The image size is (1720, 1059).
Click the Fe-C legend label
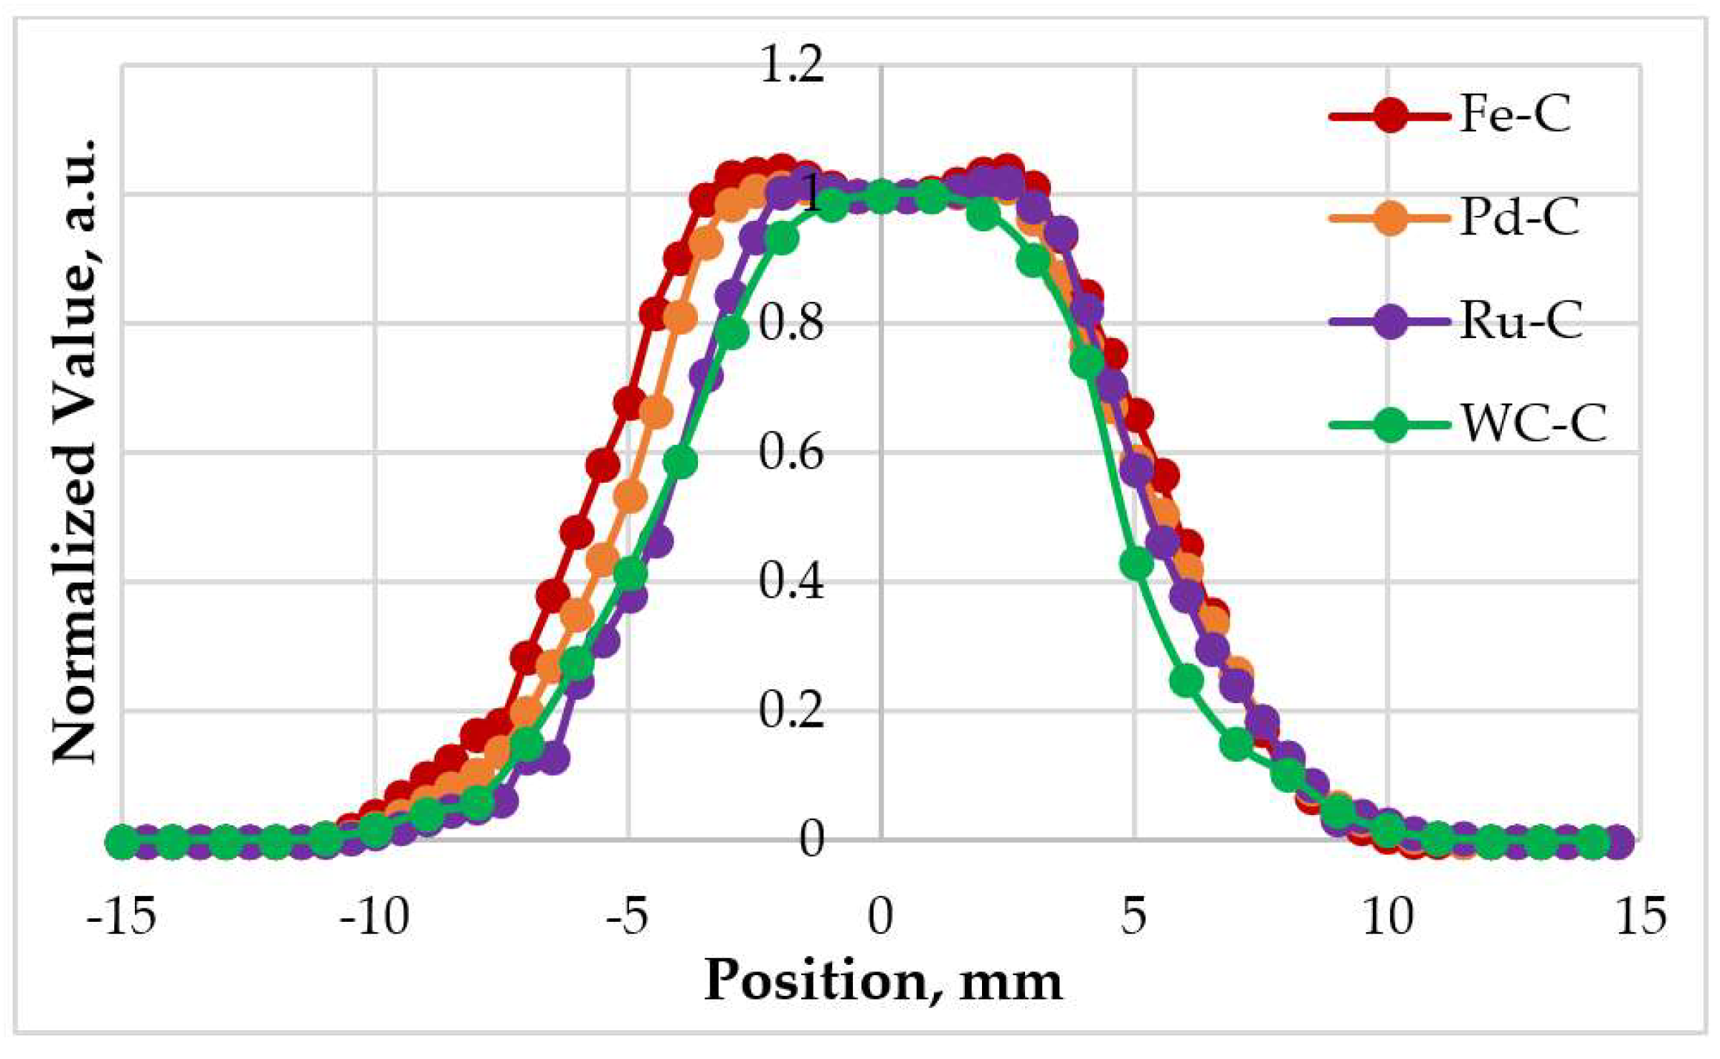coord(1515,116)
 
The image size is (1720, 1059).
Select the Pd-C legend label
coord(1519,219)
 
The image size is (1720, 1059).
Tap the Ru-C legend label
coord(1520,322)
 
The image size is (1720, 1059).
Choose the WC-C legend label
coord(1533,425)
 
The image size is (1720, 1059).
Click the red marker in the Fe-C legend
coord(1389,116)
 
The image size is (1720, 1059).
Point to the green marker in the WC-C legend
coord(1389,425)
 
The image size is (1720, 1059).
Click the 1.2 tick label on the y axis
coord(791,65)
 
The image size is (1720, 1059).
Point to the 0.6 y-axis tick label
coord(791,452)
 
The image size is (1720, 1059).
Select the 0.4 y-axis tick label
coord(791,581)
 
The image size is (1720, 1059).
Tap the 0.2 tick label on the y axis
coord(791,710)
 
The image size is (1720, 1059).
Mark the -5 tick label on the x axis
coord(627,917)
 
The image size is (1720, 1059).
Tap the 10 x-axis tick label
coord(1388,917)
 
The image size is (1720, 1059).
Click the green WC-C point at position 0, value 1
coord(881,196)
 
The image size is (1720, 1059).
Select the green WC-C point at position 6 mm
coord(1186,680)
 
